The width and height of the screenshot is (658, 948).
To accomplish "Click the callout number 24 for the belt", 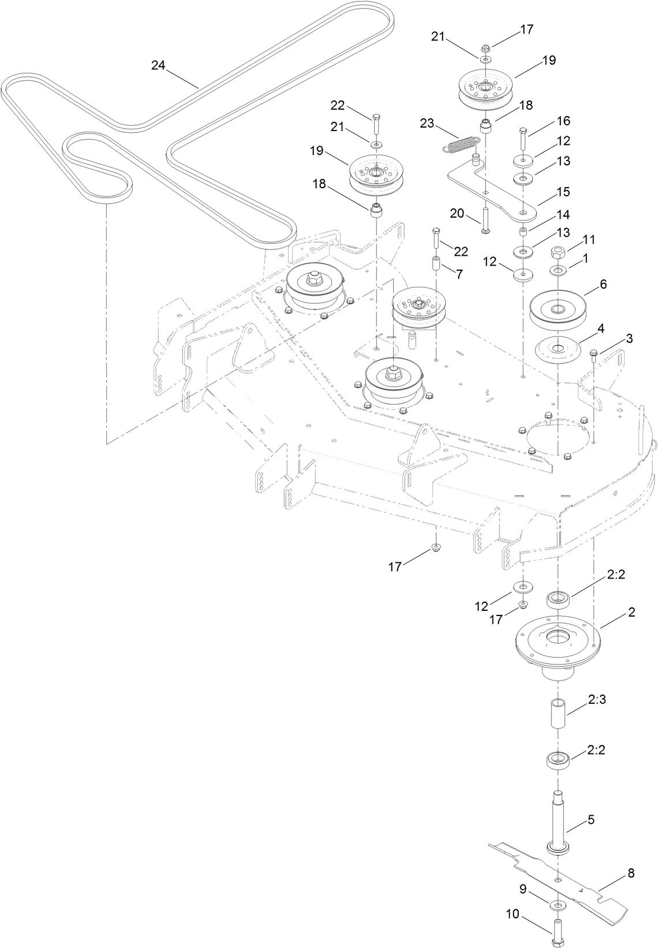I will point(158,65).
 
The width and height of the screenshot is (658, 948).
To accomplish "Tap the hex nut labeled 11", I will point(559,253).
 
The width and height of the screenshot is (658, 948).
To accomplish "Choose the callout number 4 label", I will point(600,328).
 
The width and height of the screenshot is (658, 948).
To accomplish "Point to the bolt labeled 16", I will point(523,137).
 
